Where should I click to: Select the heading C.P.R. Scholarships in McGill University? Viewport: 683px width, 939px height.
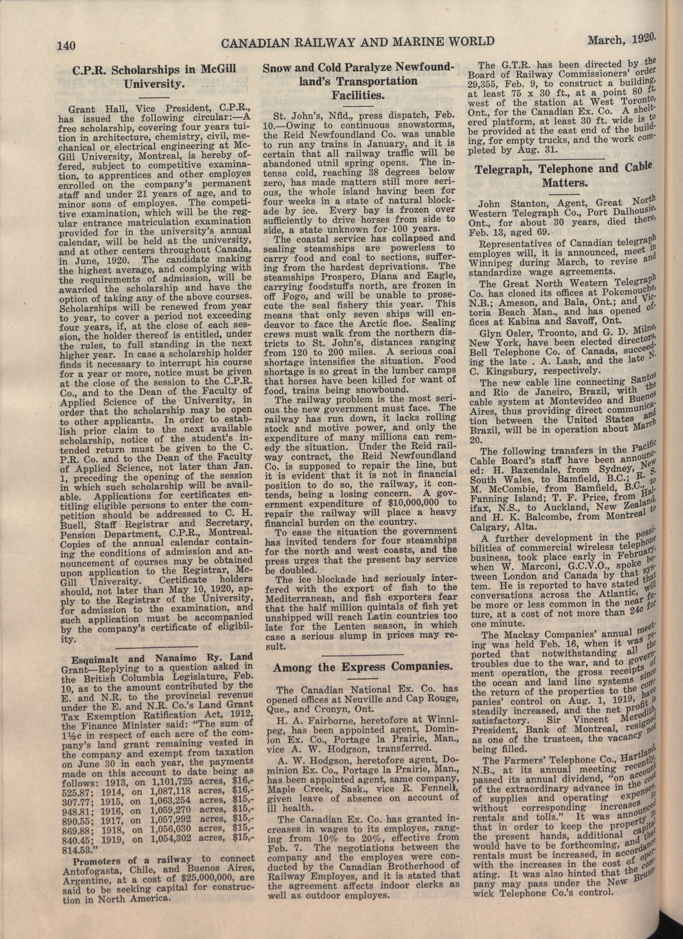point(154,77)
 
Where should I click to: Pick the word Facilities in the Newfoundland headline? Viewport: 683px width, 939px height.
point(359,96)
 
